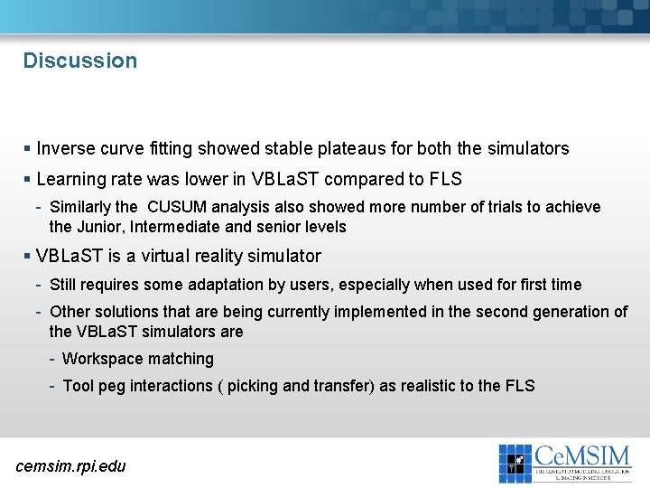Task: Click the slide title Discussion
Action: (80, 61)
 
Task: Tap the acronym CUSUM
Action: (181, 207)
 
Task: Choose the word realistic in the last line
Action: (418, 386)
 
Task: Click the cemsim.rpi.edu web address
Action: (71, 465)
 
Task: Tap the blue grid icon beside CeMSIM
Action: (515, 463)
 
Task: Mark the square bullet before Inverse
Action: (29, 149)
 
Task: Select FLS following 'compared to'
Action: (445, 179)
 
